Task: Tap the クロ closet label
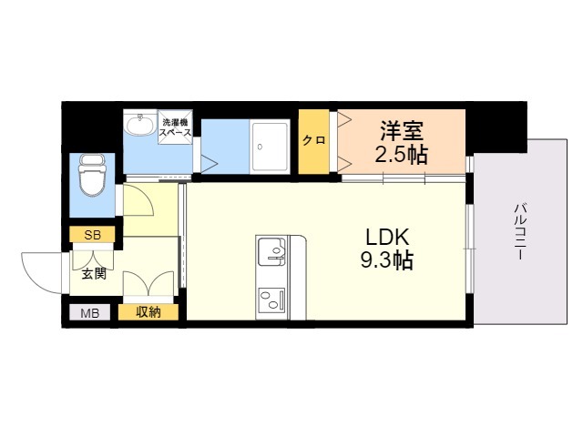(313, 140)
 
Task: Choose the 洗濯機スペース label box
(175, 127)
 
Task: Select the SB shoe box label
(93, 235)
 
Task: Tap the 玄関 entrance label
(93, 272)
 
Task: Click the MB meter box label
(90, 314)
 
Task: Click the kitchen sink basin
(271, 249)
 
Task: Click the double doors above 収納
(148, 285)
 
